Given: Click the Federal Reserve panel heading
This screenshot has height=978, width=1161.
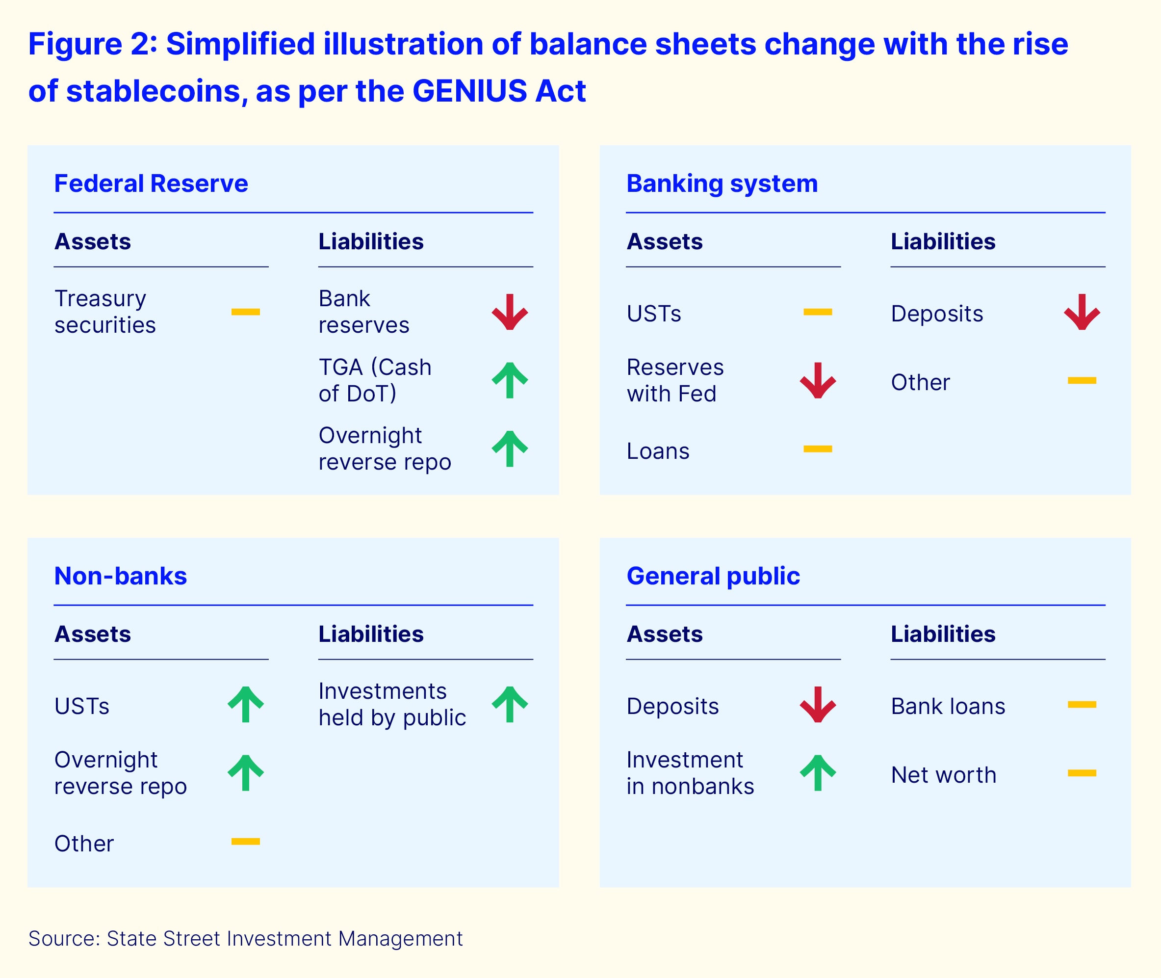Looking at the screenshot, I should [x=151, y=184].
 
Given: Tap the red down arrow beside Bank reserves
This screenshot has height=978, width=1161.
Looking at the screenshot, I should [x=509, y=312].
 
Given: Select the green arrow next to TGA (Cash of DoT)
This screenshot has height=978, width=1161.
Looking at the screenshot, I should [x=509, y=380].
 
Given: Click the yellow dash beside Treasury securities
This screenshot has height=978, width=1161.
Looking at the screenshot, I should [x=246, y=312].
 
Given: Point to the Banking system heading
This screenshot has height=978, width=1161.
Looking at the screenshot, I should [x=722, y=184].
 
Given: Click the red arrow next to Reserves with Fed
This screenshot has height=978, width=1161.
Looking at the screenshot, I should [x=818, y=380].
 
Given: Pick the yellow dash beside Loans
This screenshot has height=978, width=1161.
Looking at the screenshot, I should [x=818, y=449].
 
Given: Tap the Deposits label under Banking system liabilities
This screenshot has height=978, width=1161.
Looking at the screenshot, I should [x=936, y=314].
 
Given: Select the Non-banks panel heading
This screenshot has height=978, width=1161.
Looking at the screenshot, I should [x=120, y=576].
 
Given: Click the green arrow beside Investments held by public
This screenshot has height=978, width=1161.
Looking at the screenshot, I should [x=509, y=704].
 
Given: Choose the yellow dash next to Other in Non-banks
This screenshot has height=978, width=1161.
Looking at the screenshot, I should [x=246, y=842].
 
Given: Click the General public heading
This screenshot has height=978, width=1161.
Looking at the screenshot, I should [x=713, y=576].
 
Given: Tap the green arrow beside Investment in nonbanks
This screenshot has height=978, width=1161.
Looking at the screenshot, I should [x=818, y=773].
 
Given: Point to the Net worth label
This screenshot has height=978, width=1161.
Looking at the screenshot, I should [x=943, y=775].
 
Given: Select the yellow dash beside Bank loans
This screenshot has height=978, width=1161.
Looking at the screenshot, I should [x=1082, y=705].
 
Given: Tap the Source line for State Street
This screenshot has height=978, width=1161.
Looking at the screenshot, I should [x=246, y=939].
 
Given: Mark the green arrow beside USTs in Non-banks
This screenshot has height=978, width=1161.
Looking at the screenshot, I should [x=246, y=704].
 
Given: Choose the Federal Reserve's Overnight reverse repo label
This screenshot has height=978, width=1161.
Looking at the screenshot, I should [x=385, y=449].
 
